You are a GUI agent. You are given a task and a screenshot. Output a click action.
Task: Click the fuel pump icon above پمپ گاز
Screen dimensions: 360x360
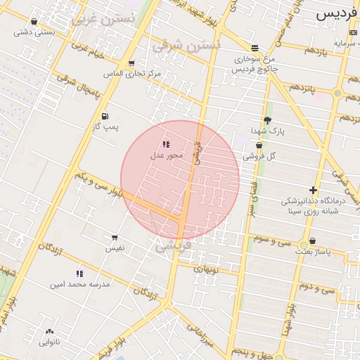105,116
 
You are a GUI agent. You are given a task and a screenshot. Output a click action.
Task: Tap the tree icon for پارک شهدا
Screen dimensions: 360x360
267,120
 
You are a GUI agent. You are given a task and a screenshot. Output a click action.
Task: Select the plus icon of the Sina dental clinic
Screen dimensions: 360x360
313,190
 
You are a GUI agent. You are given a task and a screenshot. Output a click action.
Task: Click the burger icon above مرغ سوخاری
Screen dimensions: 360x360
255,48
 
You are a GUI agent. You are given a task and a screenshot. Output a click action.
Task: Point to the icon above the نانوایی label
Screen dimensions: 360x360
49,331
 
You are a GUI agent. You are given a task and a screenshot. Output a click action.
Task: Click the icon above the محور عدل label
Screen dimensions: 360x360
166,143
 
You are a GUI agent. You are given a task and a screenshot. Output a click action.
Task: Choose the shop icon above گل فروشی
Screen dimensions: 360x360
259,145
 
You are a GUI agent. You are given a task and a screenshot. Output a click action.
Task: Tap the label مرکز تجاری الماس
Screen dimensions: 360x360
140,72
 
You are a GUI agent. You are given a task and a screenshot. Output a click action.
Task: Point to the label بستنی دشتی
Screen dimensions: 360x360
35,32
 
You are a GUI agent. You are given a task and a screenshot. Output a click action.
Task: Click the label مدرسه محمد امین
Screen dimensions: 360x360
78,285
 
